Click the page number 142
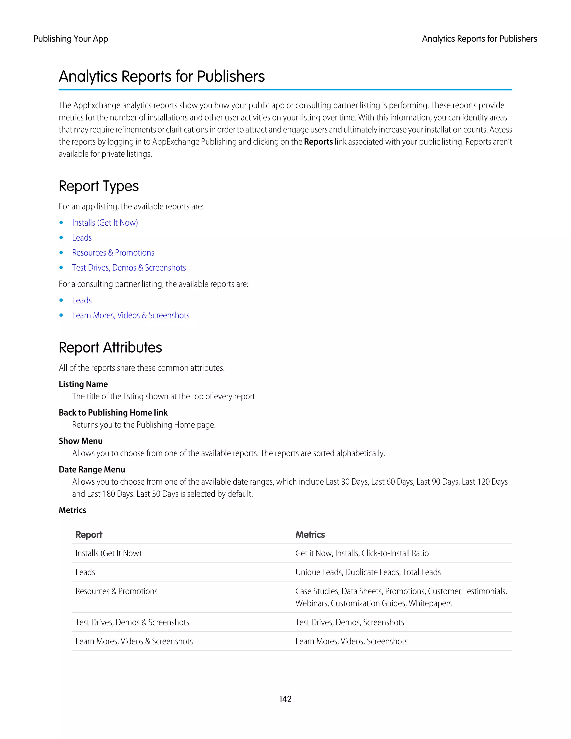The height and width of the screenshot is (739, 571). pos(285,699)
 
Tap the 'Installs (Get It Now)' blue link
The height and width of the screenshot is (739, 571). pos(105,223)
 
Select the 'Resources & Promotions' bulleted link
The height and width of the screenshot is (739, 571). pos(113,253)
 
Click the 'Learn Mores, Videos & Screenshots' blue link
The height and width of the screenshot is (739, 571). pos(130,315)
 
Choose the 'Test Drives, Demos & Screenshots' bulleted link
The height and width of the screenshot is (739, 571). pos(129,268)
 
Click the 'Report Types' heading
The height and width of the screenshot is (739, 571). pos(98,186)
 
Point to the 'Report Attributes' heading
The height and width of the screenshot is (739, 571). pos(110,347)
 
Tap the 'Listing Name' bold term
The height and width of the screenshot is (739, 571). pos(83,384)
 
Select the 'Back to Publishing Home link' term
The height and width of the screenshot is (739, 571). pos(113,412)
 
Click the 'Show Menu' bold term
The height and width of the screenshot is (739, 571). pos(81,441)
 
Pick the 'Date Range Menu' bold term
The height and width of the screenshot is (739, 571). pos(92,469)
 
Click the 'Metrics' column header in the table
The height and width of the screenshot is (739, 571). pos(310,535)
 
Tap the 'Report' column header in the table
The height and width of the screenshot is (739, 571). pos(89,535)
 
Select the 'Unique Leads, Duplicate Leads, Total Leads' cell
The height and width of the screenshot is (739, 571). pos(368,572)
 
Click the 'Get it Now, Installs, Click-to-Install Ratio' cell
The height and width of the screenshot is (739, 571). pos(362,553)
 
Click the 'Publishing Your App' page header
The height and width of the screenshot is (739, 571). pos(71,39)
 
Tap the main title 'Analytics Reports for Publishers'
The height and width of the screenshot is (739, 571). pos(162,76)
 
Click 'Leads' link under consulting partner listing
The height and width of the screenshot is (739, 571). pos(82,300)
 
